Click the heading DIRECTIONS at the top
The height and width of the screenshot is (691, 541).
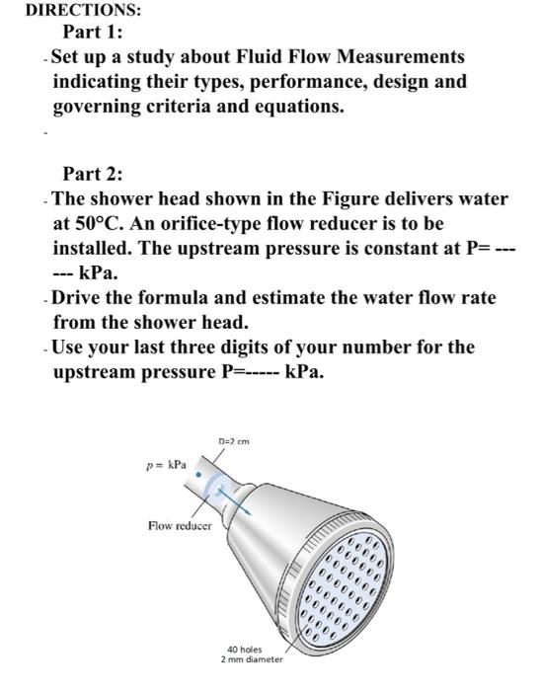[x=70, y=11]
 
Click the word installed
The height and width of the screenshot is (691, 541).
[x=95, y=247]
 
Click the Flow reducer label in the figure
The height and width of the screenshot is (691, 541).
[x=179, y=527]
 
